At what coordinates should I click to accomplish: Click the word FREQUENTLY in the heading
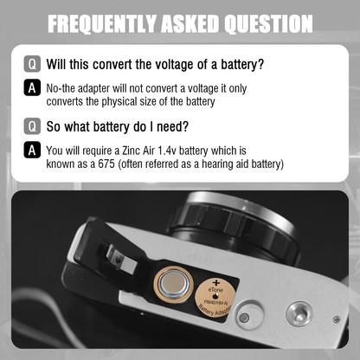tap(102, 23)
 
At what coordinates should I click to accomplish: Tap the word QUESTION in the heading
tap(268, 23)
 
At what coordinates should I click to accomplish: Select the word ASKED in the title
tap(190, 23)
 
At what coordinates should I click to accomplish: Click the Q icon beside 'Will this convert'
tap(32, 64)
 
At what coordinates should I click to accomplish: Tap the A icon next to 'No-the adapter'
tap(32, 87)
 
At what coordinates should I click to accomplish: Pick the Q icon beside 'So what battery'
tap(32, 125)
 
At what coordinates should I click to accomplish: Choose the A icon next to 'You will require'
tap(32, 150)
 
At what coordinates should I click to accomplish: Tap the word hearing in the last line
tap(217, 164)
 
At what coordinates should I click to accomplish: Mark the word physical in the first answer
tap(119, 102)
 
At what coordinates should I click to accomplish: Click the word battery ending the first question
tap(242, 65)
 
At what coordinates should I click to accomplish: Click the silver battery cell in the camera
tap(173, 283)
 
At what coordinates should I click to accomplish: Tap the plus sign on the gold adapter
tap(216, 283)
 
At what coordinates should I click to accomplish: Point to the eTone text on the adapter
tap(215, 290)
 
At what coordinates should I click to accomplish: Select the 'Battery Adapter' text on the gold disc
tap(214, 310)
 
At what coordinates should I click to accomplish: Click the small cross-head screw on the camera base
tap(337, 319)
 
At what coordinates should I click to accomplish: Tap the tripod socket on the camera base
tap(299, 313)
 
